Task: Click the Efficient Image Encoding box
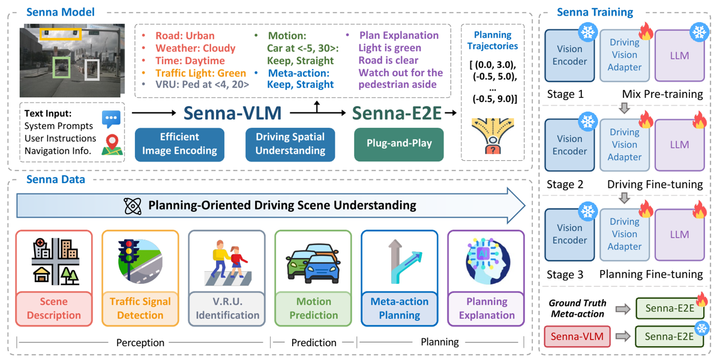179,145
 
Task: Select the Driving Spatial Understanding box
290,145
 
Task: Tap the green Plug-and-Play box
399,145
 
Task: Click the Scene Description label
53,308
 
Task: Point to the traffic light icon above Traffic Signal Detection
140,261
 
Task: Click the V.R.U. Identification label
227,308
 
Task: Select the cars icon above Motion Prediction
313,263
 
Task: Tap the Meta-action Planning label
400,308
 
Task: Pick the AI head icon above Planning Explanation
487,261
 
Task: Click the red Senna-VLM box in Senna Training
577,337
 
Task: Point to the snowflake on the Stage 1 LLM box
699,32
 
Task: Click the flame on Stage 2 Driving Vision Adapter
646,119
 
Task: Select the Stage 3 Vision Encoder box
569,235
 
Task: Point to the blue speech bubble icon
111,119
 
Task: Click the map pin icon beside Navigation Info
112,145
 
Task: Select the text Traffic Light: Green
200,73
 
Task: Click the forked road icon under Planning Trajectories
493,136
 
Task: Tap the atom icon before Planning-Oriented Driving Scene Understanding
133,206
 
